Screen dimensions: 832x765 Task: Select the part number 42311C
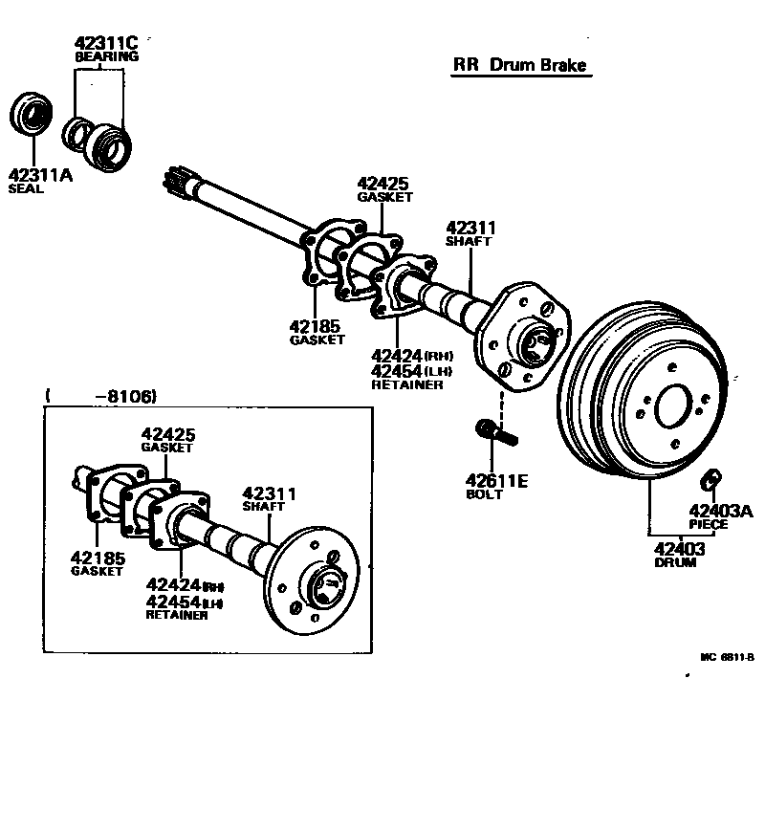[x=106, y=42]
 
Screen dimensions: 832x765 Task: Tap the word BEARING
[x=106, y=56]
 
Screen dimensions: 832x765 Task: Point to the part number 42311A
[x=39, y=175]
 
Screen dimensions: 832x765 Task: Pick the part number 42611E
[x=496, y=481]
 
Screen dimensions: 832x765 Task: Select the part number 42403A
[x=720, y=510]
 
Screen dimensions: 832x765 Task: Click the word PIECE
[x=709, y=524]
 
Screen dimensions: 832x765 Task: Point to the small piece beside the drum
[x=712, y=477]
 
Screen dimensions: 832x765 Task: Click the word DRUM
[x=675, y=563]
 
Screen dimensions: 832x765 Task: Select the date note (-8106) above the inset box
[x=99, y=396]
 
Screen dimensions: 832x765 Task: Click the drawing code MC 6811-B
[x=727, y=657]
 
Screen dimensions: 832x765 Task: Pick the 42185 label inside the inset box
[x=97, y=557]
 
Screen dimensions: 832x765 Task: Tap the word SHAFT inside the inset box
[x=263, y=506]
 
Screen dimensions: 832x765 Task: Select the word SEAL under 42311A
[x=26, y=189]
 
